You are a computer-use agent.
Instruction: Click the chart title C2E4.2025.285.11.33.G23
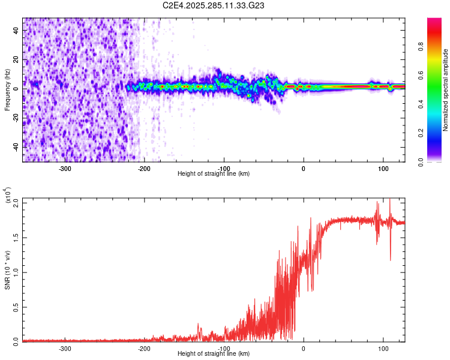(x=214, y=5)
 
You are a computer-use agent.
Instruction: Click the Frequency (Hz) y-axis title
(x=8, y=90)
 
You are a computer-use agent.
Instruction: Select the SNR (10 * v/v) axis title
(x=8, y=269)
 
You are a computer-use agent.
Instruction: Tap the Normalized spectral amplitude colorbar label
(x=446, y=90)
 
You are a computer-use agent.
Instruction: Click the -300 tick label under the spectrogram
(x=65, y=169)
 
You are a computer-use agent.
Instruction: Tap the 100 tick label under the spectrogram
(x=383, y=169)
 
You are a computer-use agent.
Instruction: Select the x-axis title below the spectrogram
(x=214, y=174)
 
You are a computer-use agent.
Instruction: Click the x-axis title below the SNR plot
(x=214, y=353)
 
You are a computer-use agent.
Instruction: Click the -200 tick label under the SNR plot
(x=144, y=348)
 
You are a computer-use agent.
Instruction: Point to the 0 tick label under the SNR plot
(x=303, y=348)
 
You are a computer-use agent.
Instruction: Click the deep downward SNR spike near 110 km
(x=390, y=259)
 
